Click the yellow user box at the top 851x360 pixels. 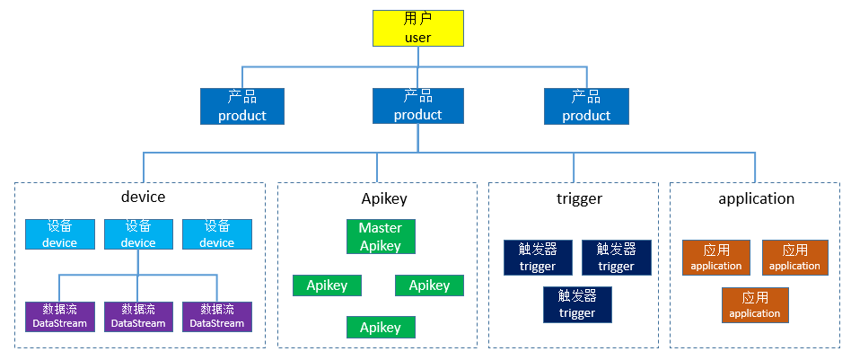(417, 28)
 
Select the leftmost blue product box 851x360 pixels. (241, 106)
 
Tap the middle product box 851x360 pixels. (417, 106)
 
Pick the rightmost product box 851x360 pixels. (586, 106)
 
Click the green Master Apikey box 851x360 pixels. (381, 236)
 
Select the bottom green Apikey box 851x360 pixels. (381, 328)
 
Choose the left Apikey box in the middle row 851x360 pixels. (327, 285)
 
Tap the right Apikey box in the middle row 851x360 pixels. (429, 285)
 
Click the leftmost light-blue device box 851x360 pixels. (59, 233)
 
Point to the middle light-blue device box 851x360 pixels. (138, 233)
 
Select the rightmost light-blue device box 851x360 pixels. (216, 233)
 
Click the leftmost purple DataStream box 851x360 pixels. (59, 316)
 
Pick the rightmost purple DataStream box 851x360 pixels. (216, 316)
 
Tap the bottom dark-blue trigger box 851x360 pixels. (576, 304)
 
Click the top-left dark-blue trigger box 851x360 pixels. (538, 257)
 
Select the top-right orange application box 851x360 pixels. (794, 257)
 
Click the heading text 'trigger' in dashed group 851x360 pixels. (579, 198)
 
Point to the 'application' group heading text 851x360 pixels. (756, 198)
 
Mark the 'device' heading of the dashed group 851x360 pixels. (143, 197)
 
